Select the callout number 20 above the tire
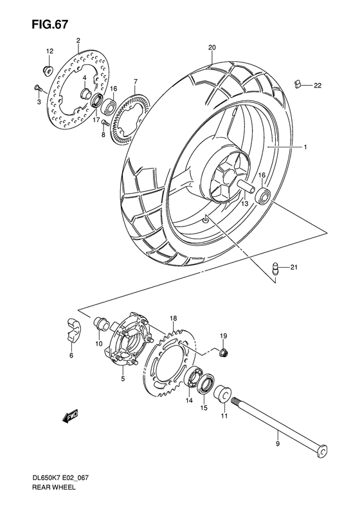click(x=212, y=47)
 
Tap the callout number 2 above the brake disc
click(x=78, y=41)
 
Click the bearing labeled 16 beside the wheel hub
click(x=263, y=196)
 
